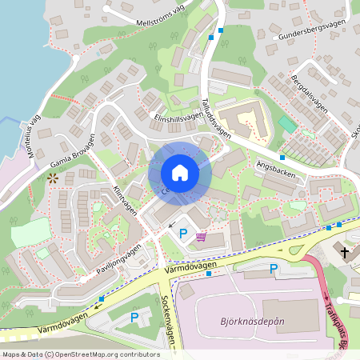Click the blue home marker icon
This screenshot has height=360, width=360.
(180, 172)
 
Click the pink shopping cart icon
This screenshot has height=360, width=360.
(201, 236)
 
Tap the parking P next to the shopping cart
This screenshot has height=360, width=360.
(183, 234)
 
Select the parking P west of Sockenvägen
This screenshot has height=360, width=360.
(134, 317)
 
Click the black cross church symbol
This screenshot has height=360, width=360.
(345, 252)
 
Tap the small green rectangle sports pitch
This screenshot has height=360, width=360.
(286, 126)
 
